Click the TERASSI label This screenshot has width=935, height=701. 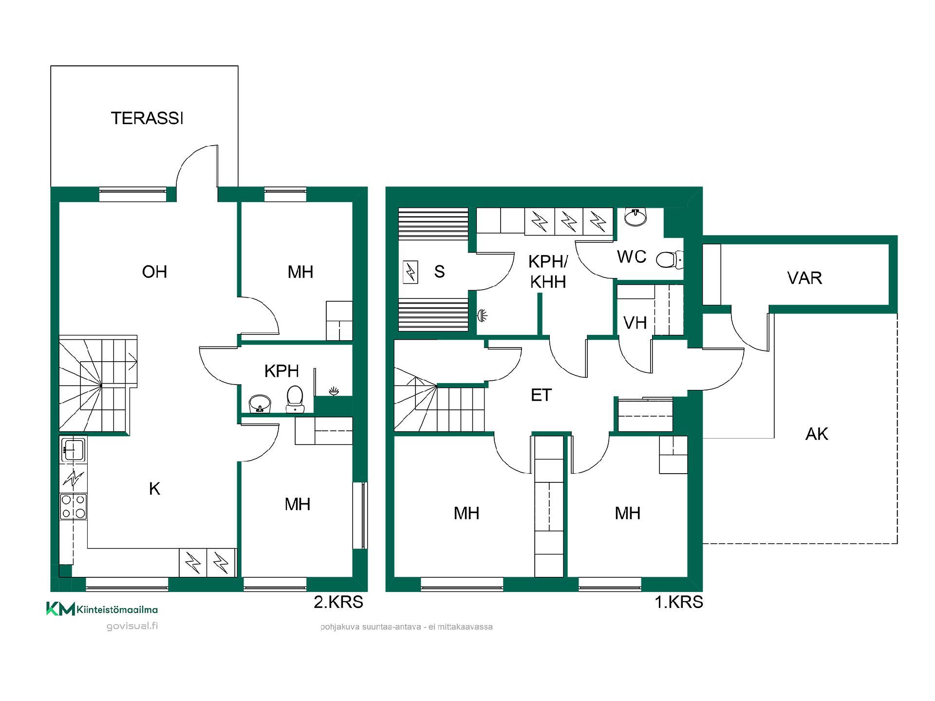point(147,118)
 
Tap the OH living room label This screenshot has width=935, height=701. point(154,272)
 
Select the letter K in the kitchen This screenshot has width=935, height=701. point(154,489)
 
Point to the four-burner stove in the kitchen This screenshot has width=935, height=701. point(73,506)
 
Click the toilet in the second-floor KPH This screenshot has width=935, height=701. point(295,398)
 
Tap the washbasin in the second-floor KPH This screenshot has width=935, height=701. point(260,404)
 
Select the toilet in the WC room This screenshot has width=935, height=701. point(670,259)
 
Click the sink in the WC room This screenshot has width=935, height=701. point(636,217)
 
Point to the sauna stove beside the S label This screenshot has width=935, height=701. point(411,272)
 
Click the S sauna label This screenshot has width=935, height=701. point(439,272)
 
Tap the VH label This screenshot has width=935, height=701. point(635,323)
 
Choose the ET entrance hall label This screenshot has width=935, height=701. point(541,395)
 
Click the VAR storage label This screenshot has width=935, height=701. point(804,278)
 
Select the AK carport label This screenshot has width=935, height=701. point(817,434)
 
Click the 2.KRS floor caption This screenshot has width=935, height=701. point(338,602)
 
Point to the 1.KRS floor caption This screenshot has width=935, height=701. point(679,602)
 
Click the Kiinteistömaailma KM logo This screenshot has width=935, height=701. point(102,609)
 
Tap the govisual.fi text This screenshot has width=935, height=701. point(132,626)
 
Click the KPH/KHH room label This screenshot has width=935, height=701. point(548,272)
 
